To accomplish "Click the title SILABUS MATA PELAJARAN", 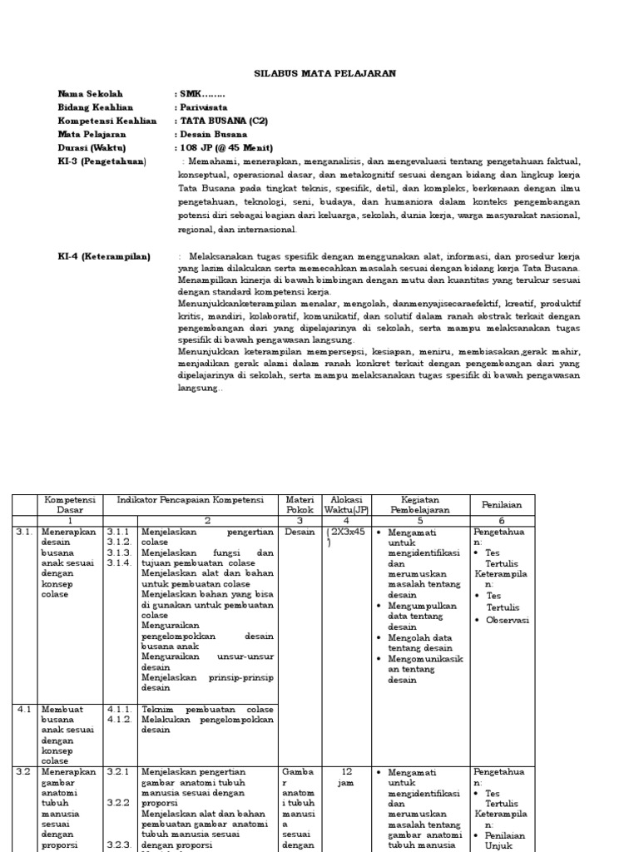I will (x=324, y=74).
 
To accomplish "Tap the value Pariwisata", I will (x=201, y=107).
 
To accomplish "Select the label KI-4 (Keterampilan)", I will (x=104, y=257).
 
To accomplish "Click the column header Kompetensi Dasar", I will (x=70, y=504).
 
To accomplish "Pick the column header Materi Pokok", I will (x=300, y=504).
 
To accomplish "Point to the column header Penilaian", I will (x=503, y=504).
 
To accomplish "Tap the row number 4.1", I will (x=23, y=710).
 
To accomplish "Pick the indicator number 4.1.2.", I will (x=119, y=720).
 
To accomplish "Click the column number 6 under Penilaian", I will (x=502, y=520).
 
